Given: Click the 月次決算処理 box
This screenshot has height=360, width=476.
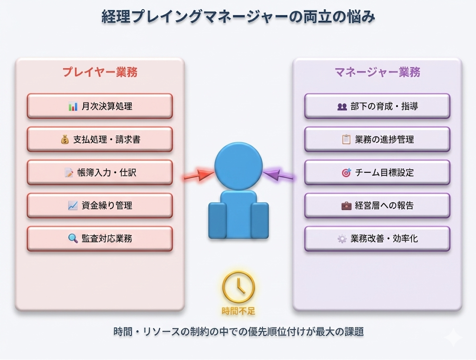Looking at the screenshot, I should pos(99,106).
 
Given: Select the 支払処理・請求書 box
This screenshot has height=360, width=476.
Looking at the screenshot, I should pos(99,139).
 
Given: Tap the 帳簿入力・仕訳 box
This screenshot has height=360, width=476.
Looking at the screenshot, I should pos(99,173).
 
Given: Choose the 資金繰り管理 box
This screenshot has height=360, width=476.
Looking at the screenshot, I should pos(99,205).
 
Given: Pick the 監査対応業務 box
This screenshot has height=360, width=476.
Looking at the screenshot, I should pos(99,239).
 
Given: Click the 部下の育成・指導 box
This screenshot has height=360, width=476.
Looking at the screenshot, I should pos(377,106).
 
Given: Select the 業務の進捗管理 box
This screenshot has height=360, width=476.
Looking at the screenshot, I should pos(377,139).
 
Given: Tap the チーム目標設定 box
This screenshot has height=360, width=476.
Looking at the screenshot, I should pos(377,173).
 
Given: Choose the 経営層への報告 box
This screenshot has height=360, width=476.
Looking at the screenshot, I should pos(377,205).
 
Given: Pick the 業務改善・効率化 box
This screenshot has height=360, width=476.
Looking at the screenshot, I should pos(377,239).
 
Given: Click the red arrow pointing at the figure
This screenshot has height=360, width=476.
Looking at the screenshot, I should pos(197,176).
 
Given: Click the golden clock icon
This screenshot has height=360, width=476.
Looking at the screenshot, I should pos(238,287).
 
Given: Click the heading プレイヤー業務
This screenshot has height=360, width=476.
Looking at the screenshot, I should pos(100,72).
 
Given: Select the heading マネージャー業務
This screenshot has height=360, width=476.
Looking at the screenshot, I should pos(377,72).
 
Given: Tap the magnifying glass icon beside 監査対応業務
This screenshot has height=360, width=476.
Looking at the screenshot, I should pos(73,239).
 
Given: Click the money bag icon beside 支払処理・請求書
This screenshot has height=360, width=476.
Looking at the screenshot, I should pos(65,139).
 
